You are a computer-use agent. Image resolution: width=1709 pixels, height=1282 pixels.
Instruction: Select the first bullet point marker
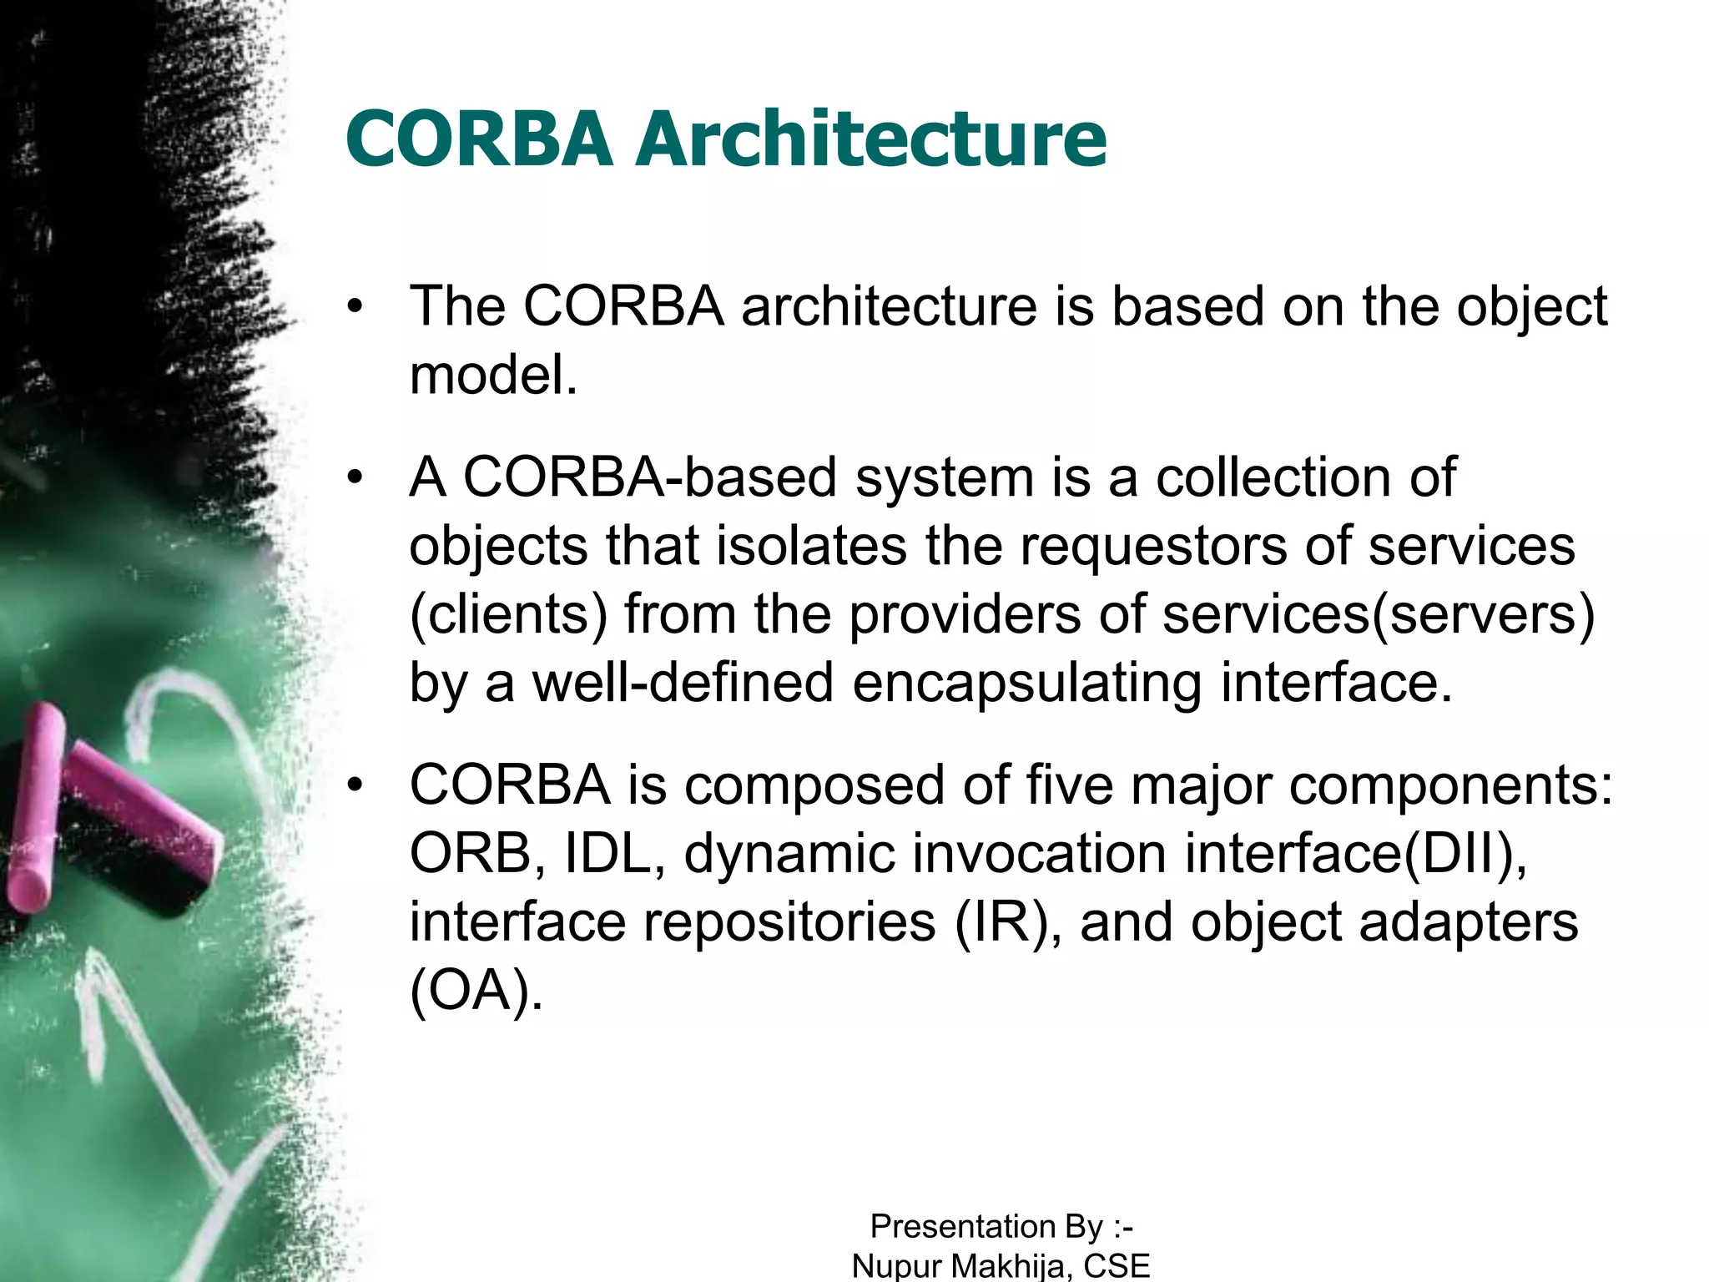[356, 306]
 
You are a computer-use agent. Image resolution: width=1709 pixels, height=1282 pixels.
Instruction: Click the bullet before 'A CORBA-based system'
[356, 477]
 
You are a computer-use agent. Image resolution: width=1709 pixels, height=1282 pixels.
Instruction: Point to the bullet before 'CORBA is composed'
[356, 785]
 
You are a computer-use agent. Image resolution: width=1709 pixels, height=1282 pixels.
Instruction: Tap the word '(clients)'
[509, 614]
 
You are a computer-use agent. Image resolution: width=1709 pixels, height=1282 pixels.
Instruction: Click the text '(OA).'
[476, 991]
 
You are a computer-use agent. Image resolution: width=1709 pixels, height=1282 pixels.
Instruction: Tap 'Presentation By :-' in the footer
[1001, 1227]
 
